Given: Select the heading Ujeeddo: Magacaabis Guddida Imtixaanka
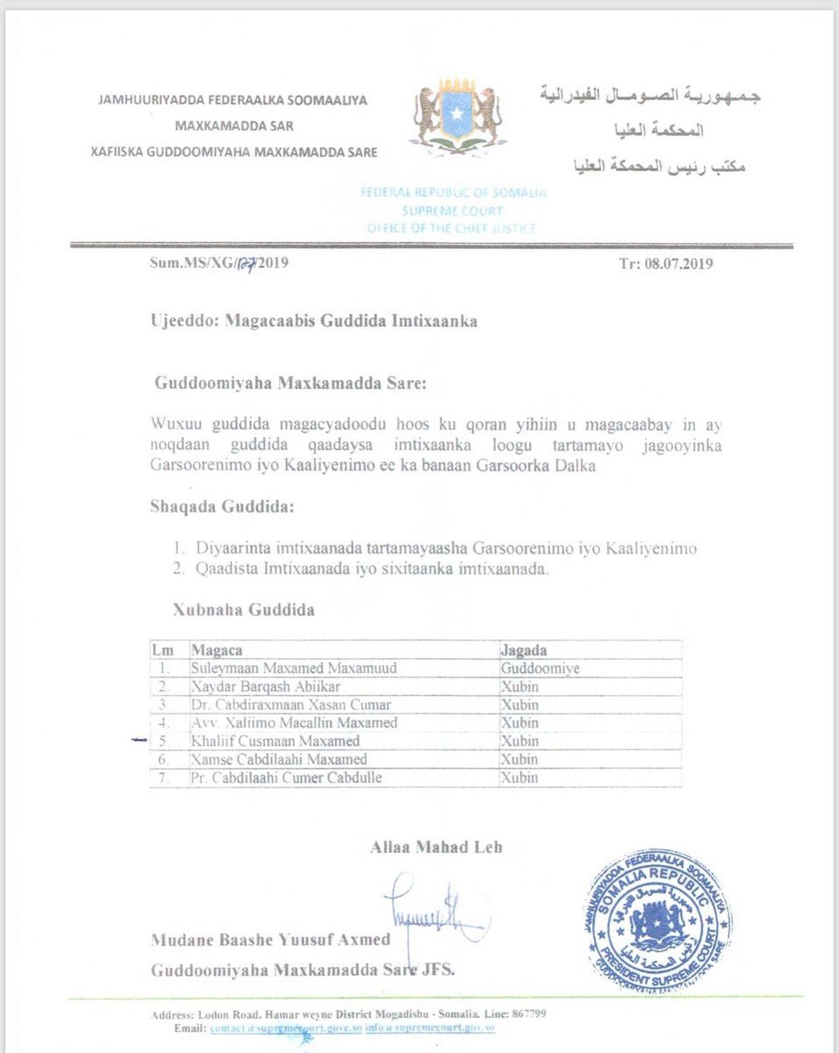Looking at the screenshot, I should pyautogui.click(x=313, y=321).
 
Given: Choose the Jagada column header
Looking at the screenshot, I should pyautogui.click(x=524, y=650).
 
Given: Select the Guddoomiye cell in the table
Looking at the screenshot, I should pyautogui.click(x=540, y=668).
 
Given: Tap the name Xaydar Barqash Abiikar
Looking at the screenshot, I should pyautogui.click(x=265, y=686).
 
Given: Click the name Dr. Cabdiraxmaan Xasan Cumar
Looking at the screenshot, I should pyautogui.click(x=290, y=705).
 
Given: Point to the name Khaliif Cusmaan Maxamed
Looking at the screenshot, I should pyautogui.click(x=275, y=741).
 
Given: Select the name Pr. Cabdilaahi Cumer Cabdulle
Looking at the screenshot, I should pyautogui.click(x=286, y=777).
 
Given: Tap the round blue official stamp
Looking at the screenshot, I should pyautogui.click(x=657, y=921).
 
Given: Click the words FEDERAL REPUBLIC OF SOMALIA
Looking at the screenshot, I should pyautogui.click(x=453, y=192).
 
